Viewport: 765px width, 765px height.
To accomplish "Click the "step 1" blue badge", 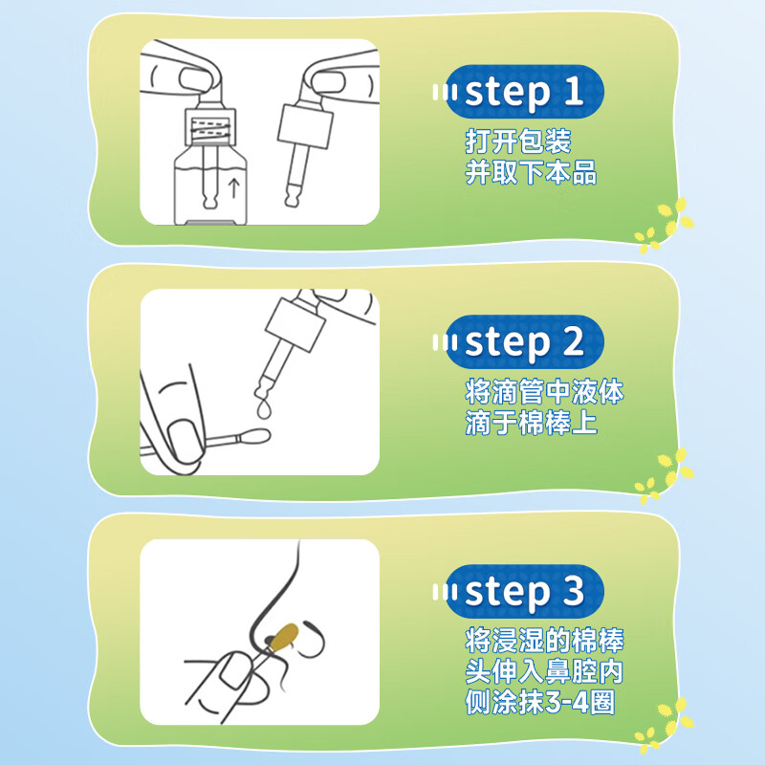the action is (x=524, y=92).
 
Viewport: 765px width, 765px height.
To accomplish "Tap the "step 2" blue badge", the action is (x=524, y=341).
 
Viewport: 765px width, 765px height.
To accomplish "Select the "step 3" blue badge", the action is (x=524, y=591).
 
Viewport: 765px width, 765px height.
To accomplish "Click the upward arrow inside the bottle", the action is (x=234, y=187).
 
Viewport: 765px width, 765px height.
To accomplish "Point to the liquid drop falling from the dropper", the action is (x=264, y=409).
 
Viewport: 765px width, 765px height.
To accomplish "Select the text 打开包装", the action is (x=517, y=142).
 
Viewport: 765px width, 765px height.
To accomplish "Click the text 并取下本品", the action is (x=531, y=172).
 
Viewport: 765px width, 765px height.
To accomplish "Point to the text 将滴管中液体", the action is (x=544, y=391).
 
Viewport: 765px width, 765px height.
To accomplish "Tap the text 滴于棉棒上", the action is (x=531, y=423).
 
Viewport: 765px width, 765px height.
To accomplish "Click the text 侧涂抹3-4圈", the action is (x=539, y=702).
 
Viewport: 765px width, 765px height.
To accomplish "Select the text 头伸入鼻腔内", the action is (x=544, y=671).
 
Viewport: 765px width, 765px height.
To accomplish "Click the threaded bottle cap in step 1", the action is (x=210, y=127).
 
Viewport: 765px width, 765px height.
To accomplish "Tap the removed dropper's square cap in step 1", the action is (x=305, y=126).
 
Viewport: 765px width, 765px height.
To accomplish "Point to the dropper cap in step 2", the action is (x=295, y=324).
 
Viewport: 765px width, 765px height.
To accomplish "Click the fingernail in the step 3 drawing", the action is (x=235, y=672).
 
